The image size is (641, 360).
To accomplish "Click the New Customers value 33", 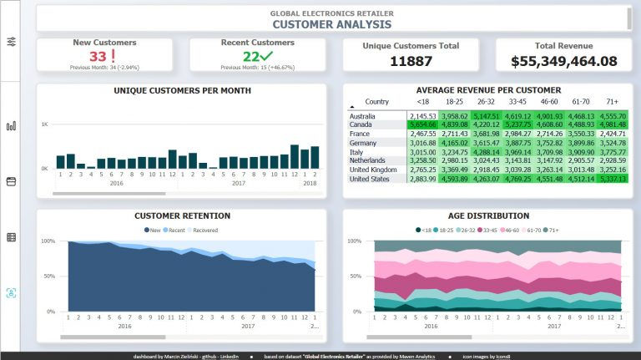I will pyautogui.click(x=98, y=57).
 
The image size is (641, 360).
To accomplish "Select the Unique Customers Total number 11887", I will pyautogui.click(x=411, y=61).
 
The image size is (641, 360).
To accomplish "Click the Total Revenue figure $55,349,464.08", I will pyautogui.click(x=563, y=61).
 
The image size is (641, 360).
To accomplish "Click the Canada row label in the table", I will pyautogui.click(x=361, y=124).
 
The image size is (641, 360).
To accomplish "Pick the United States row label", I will pyautogui.click(x=370, y=179).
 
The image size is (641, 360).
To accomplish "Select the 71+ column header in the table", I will pyautogui.click(x=613, y=101).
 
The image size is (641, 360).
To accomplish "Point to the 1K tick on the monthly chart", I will pyautogui.click(x=45, y=124).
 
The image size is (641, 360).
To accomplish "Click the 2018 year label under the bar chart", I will pyautogui.click(x=309, y=183).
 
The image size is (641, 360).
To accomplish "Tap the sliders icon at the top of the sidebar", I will pyautogui.click(x=11, y=42).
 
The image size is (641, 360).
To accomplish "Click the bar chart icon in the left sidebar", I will pyautogui.click(x=11, y=126).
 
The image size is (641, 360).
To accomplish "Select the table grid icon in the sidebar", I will pyautogui.click(x=11, y=237).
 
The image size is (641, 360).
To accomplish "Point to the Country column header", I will pyautogui.click(x=377, y=101).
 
